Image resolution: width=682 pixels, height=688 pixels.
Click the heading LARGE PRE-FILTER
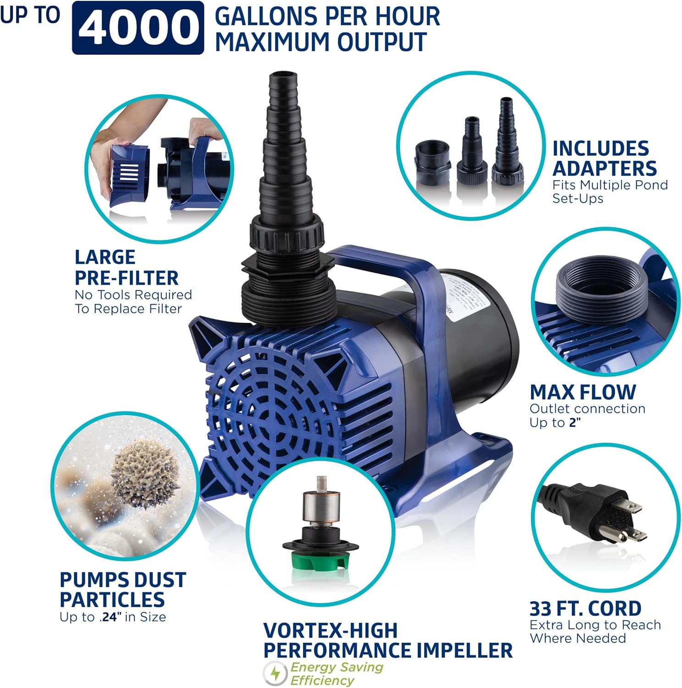point(126,267)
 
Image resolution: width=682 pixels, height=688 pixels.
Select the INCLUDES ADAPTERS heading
point(604,158)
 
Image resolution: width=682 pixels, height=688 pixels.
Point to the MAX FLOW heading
point(583,392)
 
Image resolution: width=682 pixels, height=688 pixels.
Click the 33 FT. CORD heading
point(585,608)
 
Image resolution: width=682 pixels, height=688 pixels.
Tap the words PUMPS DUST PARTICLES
point(122,589)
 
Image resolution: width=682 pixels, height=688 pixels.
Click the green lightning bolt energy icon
point(275,673)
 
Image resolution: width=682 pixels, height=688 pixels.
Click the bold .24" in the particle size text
point(110,617)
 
